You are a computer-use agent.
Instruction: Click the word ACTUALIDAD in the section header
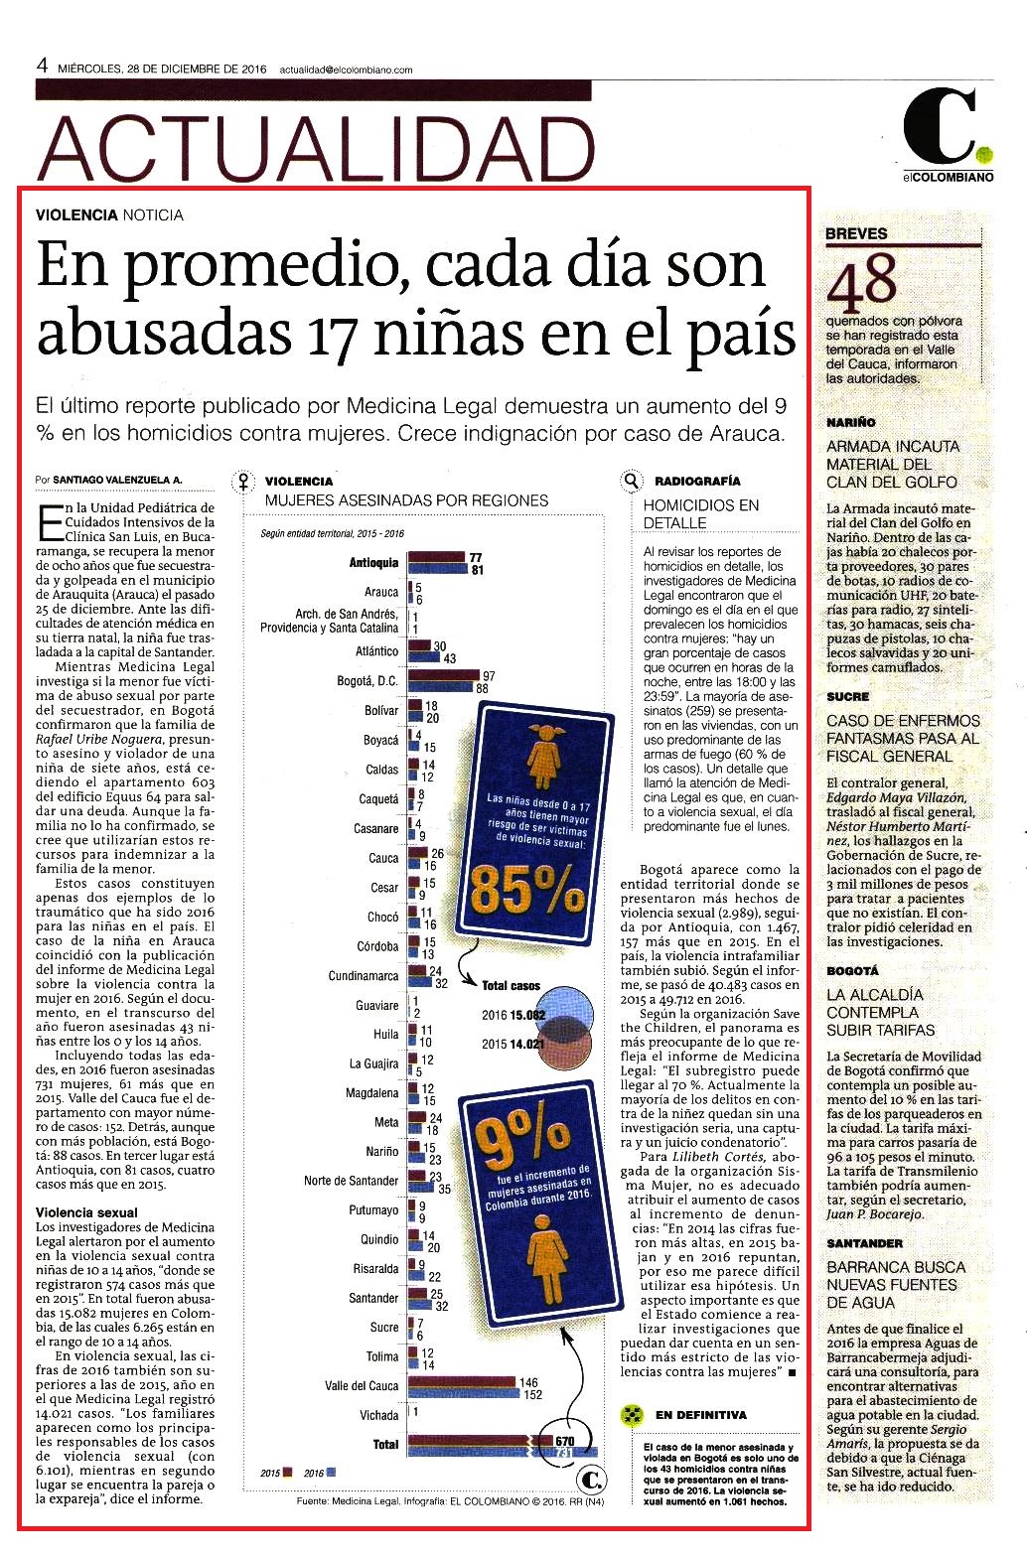(x=318, y=149)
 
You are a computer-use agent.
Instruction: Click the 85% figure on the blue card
(x=527, y=893)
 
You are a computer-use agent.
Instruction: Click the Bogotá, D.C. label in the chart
(x=367, y=680)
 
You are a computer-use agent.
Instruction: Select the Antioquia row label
(x=373, y=562)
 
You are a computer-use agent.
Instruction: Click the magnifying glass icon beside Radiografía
(x=631, y=481)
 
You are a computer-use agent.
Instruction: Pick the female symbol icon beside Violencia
(x=243, y=482)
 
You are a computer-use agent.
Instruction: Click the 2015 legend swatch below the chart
(x=288, y=1472)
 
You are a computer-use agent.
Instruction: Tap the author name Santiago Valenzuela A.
(x=117, y=480)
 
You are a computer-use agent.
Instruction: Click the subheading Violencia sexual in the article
(x=86, y=1211)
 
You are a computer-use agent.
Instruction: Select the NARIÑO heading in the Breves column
(x=851, y=422)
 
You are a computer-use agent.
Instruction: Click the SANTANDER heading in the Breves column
(x=865, y=1243)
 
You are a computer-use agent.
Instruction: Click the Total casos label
(x=512, y=985)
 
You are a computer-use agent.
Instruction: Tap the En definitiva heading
(x=700, y=1414)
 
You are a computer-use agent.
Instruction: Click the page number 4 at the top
(x=43, y=67)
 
